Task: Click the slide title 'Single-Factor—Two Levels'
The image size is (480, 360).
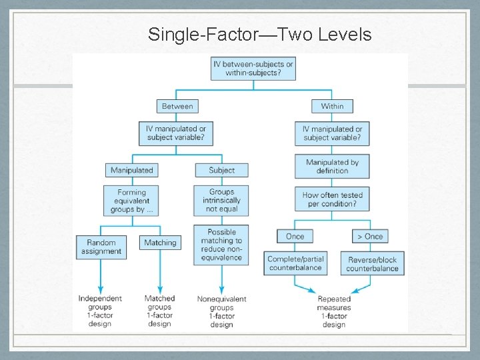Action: (260, 34)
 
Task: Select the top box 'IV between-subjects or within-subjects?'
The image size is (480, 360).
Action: (253, 69)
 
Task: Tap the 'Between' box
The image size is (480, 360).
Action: (177, 106)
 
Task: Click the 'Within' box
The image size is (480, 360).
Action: (332, 106)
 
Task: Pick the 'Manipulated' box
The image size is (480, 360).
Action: (132, 170)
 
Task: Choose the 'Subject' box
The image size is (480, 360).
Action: (221, 170)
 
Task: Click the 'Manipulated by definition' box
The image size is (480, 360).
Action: (332, 166)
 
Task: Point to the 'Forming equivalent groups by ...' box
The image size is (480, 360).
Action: (132, 201)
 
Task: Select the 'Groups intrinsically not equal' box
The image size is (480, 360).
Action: (221, 200)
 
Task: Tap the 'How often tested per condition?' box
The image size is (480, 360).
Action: (332, 199)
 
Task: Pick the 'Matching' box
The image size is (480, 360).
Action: (161, 243)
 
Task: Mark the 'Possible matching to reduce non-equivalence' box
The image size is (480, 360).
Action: (221, 245)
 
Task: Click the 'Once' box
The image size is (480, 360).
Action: (295, 236)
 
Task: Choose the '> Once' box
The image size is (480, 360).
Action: (370, 236)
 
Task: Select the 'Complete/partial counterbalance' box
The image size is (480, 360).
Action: (295, 263)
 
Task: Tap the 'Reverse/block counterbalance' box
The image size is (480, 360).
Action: (372, 263)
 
